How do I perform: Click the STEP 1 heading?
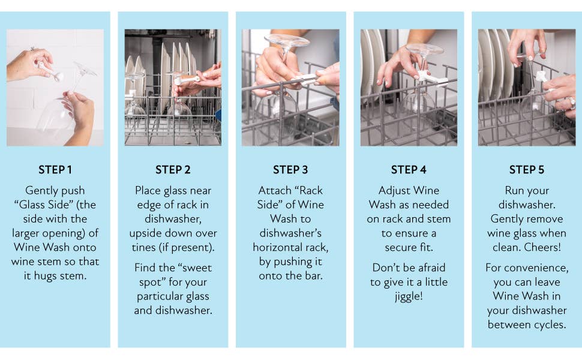pos(55,170)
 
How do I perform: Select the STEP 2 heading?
pos(173,170)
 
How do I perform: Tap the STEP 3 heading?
pos(291,170)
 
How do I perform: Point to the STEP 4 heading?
pos(409,170)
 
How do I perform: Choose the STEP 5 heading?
pos(526,170)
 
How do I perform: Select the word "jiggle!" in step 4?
pos(409,296)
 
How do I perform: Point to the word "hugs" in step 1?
pos(58,276)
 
